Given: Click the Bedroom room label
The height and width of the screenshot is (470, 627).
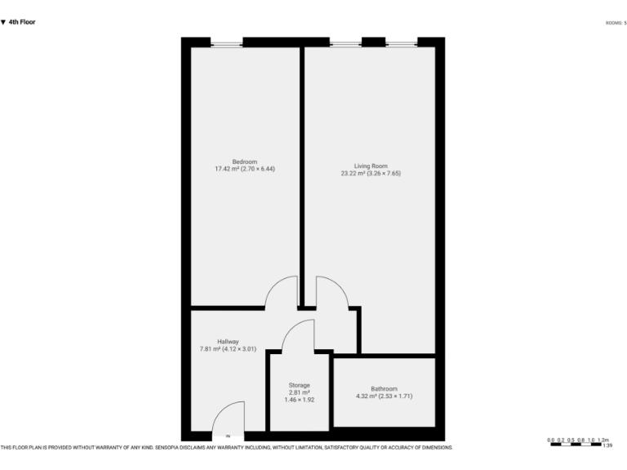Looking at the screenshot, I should click(244, 162).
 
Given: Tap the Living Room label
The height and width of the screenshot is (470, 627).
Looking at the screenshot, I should click(370, 166).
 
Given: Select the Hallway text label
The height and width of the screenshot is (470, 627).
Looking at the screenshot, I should click(228, 341).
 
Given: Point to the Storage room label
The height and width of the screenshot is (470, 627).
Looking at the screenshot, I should click(299, 384).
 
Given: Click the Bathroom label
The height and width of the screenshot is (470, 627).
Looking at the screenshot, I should click(384, 388).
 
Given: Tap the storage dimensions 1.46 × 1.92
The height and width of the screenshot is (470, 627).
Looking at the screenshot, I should click(299, 401).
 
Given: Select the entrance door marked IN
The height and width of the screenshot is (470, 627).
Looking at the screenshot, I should click(228, 428).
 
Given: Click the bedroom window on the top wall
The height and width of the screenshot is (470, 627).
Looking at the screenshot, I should click(226, 42).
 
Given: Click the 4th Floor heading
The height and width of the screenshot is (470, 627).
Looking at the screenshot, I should click(20, 22).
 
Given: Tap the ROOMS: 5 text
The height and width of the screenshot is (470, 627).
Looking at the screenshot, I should click(616, 23).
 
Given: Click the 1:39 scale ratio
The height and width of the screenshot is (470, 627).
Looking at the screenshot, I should click(607, 446).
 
